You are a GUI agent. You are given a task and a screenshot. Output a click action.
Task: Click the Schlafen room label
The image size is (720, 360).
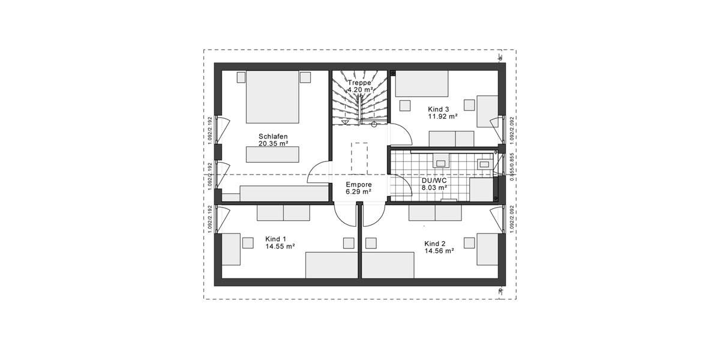point(273,136)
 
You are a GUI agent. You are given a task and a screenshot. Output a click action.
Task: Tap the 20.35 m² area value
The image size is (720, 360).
point(273,144)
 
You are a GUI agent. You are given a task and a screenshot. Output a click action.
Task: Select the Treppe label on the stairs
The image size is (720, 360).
point(359,83)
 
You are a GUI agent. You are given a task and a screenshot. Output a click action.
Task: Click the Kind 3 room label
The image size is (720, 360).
point(438,109)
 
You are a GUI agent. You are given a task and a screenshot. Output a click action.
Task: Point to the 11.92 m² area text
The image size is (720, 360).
point(443,117)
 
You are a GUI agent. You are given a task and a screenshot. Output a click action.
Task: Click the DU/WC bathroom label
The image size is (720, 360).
point(435,179)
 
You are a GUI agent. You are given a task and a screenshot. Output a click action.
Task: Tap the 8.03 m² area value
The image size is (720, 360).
point(435,187)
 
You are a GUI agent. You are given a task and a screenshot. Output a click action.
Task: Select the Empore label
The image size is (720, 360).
point(358,185)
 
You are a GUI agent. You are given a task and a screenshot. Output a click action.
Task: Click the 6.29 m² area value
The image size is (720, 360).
point(358,192)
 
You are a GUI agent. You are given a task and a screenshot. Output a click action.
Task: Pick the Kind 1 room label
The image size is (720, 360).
point(275,239)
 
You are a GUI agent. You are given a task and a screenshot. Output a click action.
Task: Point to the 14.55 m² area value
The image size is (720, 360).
point(280,246)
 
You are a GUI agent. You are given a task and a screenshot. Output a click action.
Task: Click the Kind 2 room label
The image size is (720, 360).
point(434,244)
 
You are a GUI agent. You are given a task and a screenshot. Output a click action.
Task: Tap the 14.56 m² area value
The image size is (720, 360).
point(439,251)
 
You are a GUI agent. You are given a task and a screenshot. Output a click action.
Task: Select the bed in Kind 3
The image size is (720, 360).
point(421,83)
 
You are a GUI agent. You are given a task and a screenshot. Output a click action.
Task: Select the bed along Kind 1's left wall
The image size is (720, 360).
point(231,249)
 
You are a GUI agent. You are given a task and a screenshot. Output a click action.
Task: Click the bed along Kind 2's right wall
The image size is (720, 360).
point(487,249)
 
